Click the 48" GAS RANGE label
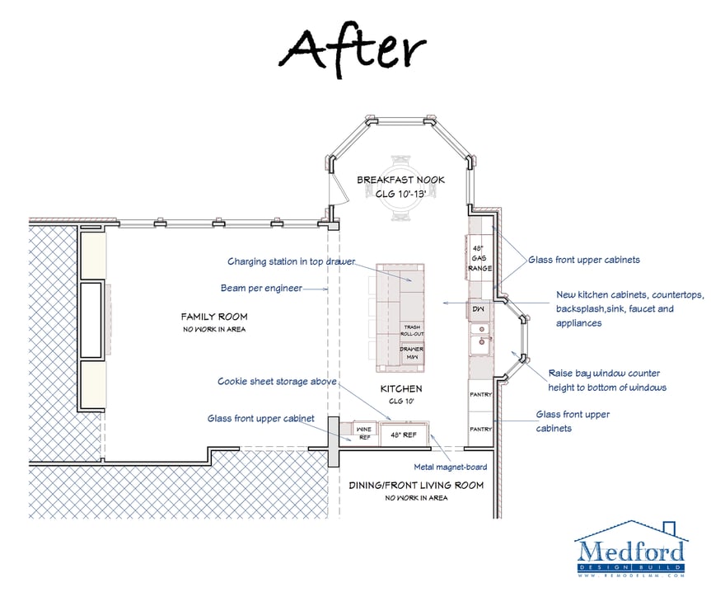(479, 258)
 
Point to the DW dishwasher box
(479, 309)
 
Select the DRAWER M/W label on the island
(411, 352)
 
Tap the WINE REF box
(363, 431)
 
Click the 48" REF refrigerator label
(404, 433)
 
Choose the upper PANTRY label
(480, 394)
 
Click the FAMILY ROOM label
(214, 317)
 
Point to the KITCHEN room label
(401, 388)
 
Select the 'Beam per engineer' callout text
(261, 289)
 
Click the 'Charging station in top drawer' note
(291, 261)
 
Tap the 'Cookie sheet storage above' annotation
(275, 382)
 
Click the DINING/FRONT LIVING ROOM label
(416, 485)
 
